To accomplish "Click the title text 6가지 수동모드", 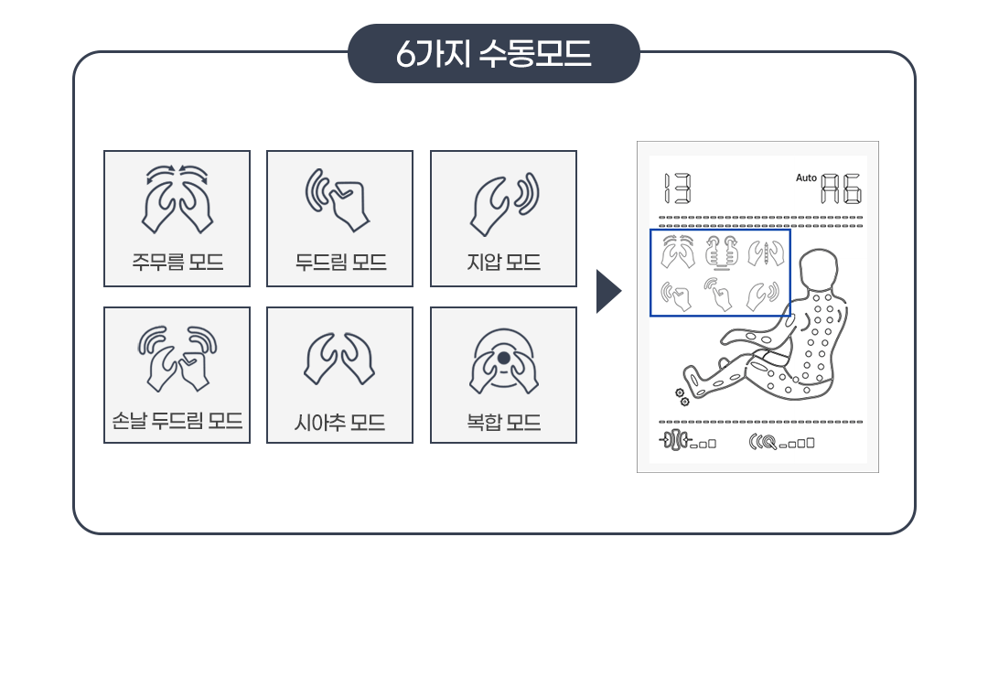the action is click(493, 54).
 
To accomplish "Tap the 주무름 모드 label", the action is click(177, 262).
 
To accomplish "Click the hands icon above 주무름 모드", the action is click(177, 199).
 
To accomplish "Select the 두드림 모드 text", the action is click(340, 262).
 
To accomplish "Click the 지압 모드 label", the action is click(503, 262).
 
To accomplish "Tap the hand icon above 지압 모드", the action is click(505, 204).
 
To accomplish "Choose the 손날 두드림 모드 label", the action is click(177, 421).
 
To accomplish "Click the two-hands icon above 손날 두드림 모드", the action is click(177, 358).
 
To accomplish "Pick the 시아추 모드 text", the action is click(339, 422).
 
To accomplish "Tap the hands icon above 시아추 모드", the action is click(339, 359).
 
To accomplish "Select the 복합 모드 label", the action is click(503, 422).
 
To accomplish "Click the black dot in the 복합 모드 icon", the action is click(503, 359).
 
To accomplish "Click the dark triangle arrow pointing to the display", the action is click(608, 291).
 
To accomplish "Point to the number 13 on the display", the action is click(677, 188).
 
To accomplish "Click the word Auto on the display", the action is click(806, 178).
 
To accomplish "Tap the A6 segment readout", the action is click(842, 188).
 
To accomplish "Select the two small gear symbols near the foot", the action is click(682, 397).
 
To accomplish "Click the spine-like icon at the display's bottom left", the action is click(675, 440).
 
